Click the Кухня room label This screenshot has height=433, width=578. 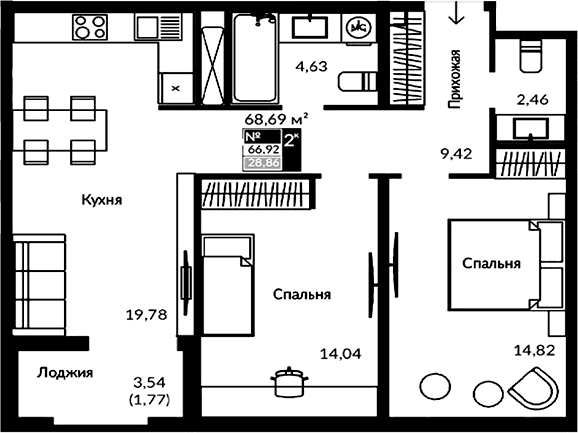click(x=102, y=200)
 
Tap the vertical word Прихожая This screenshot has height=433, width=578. click(x=455, y=78)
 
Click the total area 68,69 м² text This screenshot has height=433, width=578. click(x=276, y=119)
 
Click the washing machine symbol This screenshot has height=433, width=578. click(x=358, y=29)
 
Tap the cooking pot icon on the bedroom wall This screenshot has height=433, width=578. click(x=289, y=381)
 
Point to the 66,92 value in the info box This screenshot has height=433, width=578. click(x=261, y=151)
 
